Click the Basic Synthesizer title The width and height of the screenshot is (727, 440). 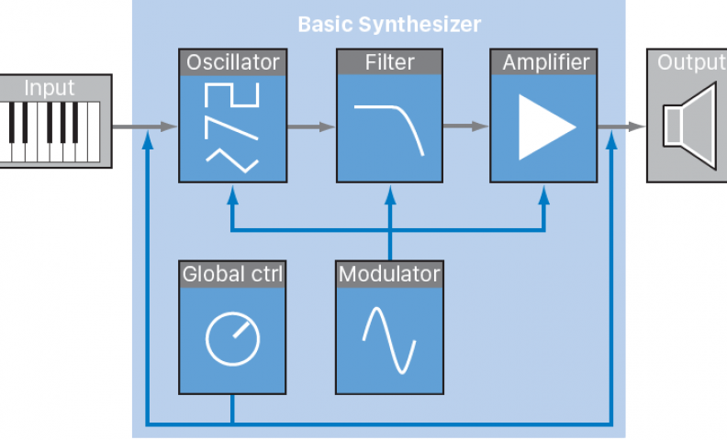coord(388,24)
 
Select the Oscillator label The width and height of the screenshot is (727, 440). coord(231,63)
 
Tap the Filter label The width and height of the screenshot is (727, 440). coord(389,63)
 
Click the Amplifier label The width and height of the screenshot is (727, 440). coord(546,63)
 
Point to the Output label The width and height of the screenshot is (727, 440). coord(690,63)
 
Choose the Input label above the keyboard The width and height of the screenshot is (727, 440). coord(50,89)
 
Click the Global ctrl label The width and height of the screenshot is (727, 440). coord(232,274)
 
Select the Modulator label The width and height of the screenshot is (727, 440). coord(389,274)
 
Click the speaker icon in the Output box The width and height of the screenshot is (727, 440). coord(689,127)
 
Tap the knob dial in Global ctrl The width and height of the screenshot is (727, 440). coord(230,338)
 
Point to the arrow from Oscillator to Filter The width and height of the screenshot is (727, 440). coord(311,127)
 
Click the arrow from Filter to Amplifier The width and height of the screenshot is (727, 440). coord(467,127)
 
